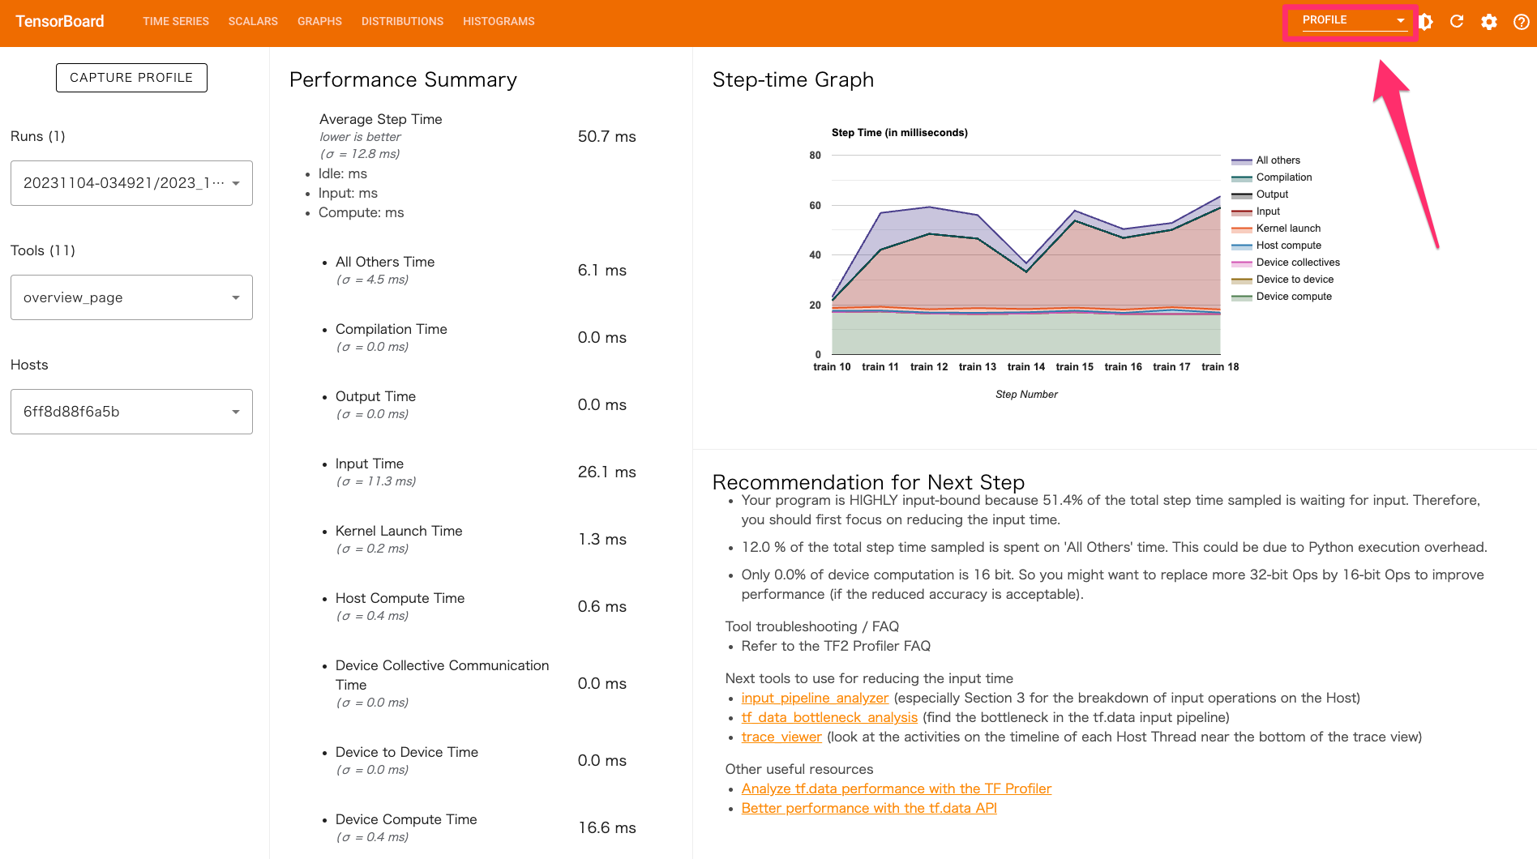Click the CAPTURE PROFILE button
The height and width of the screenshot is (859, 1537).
[131, 78]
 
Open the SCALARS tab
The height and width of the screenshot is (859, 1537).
[253, 21]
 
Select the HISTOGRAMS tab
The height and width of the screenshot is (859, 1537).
[499, 21]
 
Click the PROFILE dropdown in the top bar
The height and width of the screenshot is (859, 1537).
[1352, 21]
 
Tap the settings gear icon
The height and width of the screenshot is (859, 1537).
[1489, 22]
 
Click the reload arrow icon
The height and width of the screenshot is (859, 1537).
[1457, 22]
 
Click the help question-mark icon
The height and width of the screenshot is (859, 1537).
[1521, 22]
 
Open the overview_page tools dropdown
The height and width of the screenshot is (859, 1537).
[131, 297]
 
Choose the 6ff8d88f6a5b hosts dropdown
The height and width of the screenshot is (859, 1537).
[131, 412]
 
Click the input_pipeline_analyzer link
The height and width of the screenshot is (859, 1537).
[815, 698]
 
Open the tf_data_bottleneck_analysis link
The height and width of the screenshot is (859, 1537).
[829, 717]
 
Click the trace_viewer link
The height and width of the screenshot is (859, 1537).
[781, 737]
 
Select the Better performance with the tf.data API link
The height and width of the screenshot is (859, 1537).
[869, 808]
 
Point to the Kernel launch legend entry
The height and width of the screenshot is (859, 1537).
[1288, 229]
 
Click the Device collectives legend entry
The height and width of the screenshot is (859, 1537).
[1298, 263]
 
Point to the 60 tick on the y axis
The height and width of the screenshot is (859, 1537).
[815, 205]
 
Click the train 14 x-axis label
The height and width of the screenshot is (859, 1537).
[1025, 367]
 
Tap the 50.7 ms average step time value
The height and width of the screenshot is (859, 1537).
[606, 136]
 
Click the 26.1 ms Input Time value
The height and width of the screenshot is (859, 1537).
[606, 472]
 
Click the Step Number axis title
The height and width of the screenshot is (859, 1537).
[1026, 395]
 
